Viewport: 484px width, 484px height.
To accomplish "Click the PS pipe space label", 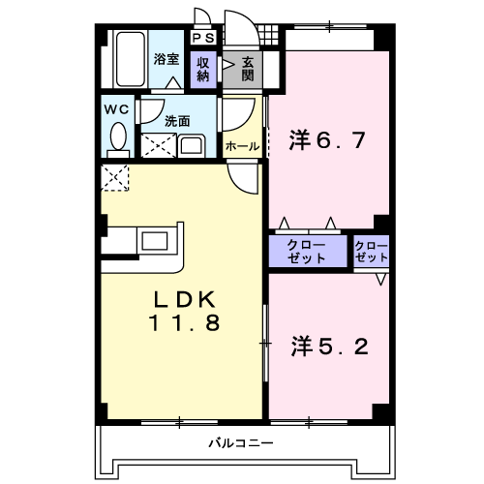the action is point(203,38).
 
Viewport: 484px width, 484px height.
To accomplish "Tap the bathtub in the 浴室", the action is point(130,59).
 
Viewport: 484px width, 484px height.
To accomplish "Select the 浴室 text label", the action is point(166,59).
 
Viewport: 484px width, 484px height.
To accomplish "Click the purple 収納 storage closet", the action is point(203,70).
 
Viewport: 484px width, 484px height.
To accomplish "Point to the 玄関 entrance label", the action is point(248,69).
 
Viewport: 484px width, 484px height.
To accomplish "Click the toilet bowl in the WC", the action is point(118,136).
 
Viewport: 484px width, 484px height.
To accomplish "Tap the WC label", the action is point(116,109).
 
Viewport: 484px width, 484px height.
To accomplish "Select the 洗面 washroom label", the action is point(177,121).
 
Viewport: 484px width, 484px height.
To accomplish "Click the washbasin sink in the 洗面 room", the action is point(192,146).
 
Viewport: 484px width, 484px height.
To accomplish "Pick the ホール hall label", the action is point(242,146).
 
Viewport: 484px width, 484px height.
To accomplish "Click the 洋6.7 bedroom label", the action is point(327,140).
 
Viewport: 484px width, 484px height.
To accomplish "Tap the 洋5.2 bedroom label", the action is point(329,347).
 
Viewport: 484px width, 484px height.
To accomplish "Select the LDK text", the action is point(185,299).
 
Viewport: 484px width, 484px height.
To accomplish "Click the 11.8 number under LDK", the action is point(184,322).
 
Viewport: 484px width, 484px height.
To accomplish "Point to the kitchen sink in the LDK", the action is point(155,241).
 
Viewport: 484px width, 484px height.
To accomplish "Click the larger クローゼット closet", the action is point(308,251).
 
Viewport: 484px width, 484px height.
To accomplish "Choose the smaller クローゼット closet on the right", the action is point(371,252).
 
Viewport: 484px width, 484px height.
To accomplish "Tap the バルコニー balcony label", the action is point(241,442).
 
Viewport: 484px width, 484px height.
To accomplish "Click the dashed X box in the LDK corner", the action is point(115,177).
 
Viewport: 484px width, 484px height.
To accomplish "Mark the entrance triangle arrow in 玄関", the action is point(227,65).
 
